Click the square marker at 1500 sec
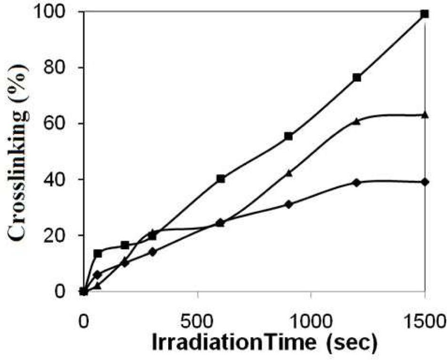point(425,14)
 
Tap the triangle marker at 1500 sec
point(425,114)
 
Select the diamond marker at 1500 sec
point(425,182)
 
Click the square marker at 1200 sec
point(356,77)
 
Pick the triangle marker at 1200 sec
point(356,121)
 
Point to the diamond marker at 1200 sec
point(356,182)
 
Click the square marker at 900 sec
point(288,136)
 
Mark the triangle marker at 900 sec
point(288,173)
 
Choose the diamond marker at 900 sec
point(288,204)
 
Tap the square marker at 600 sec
point(221,178)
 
